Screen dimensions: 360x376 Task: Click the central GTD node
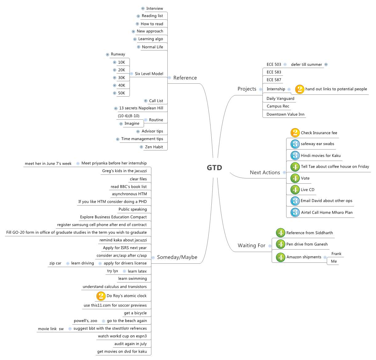click(x=214, y=168)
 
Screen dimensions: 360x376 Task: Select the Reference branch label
click(x=185, y=78)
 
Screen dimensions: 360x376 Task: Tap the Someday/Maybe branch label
click(x=177, y=257)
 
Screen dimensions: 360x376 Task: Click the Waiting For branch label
click(x=251, y=246)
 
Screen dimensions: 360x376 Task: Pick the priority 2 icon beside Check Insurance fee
click(x=295, y=133)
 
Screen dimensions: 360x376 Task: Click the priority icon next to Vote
click(x=295, y=178)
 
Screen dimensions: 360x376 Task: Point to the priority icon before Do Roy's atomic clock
click(x=101, y=296)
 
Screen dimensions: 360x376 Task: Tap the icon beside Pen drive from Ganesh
click(x=280, y=244)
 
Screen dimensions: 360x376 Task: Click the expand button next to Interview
click(x=143, y=9)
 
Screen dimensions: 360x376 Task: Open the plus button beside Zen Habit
click(x=141, y=147)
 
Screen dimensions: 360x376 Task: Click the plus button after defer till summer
click(x=326, y=65)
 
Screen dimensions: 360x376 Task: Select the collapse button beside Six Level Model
click(x=131, y=74)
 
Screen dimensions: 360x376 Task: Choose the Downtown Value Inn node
click(x=285, y=114)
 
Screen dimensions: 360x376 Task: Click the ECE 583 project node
click(x=274, y=72)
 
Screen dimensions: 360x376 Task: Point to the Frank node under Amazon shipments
click(x=336, y=254)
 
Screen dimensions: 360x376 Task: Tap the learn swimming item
click(x=132, y=279)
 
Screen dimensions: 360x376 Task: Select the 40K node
click(x=122, y=86)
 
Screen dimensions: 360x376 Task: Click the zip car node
click(x=55, y=263)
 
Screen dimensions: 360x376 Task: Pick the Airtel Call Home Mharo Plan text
click(x=327, y=213)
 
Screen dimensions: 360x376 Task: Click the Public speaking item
click(x=133, y=210)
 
